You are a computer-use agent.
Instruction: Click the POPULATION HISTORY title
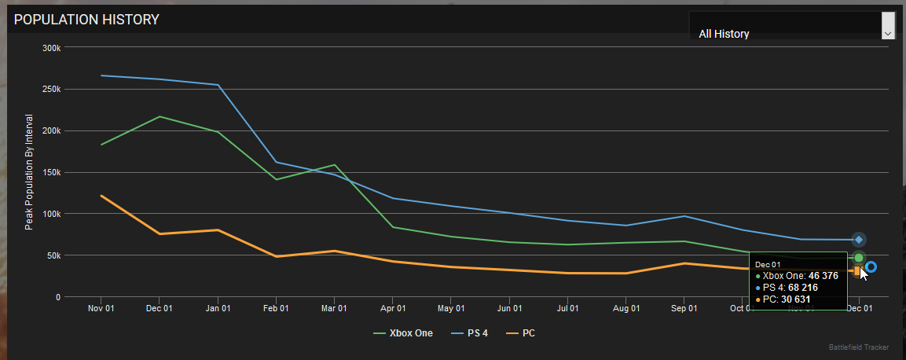pos(86,20)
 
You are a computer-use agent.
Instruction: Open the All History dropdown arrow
pos(888,34)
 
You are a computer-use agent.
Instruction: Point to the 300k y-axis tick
pos(51,48)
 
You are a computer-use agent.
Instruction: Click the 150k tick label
pos(51,172)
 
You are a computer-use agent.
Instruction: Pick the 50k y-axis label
pos(53,255)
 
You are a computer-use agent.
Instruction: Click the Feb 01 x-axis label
pos(276,309)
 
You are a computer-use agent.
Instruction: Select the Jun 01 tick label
pos(509,309)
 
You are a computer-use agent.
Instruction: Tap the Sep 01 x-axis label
pos(684,309)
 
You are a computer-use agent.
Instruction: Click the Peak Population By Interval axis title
pos(29,172)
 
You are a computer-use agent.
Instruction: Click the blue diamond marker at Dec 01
pos(859,240)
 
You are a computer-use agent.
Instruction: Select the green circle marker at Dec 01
pos(859,258)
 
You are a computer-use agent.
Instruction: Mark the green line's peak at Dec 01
pos(160,116)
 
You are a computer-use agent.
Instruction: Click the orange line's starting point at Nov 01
pos(101,196)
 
